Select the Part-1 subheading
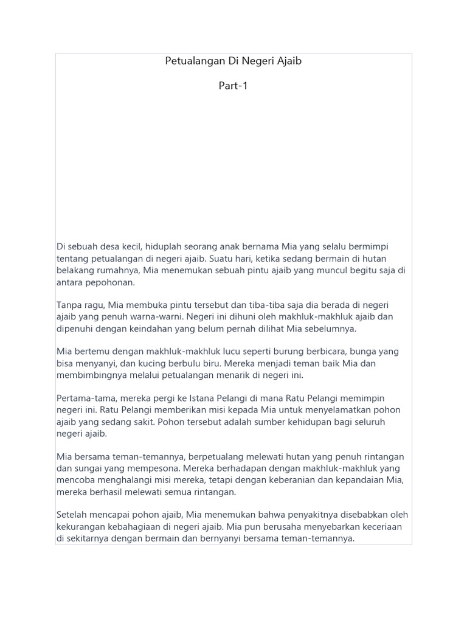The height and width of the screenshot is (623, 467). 233,86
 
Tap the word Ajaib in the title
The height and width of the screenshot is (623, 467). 289,61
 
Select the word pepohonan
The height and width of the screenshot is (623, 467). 112,283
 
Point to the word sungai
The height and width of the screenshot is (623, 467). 88,468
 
